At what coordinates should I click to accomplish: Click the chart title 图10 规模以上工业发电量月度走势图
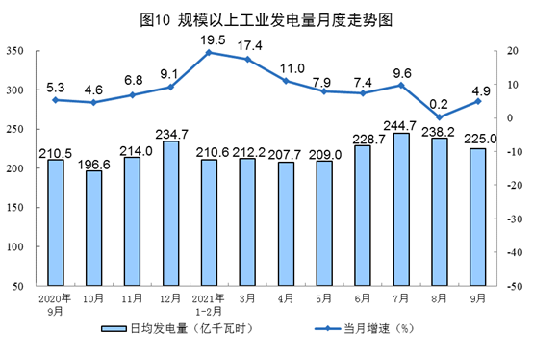pyautogui.click(x=266, y=19)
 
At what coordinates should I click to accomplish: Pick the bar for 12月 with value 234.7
pyautogui.click(x=170, y=214)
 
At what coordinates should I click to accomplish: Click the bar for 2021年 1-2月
pyautogui.click(x=209, y=223)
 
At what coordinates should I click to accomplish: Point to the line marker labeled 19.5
pyautogui.click(x=209, y=52)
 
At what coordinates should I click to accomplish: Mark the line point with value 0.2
pyautogui.click(x=440, y=117)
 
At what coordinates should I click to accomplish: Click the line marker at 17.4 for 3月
pyautogui.click(x=247, y=60)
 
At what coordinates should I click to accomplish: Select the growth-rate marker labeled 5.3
pyautogui.click(x=55, y=100)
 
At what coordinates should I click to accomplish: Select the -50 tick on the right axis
pyautogui.click(x=507, y=287)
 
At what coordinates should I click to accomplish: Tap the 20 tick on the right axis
pyautogui.click(x=504, y=51)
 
